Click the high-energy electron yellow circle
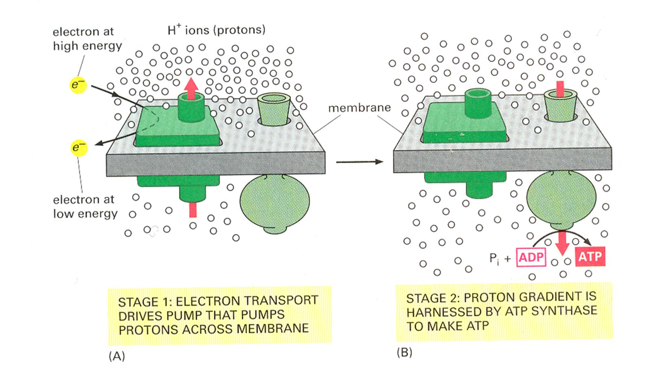(78, 85)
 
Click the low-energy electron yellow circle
(79, 147)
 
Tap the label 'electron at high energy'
(87, 39)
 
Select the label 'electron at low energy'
(85, 207)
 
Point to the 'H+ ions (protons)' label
(216, 30)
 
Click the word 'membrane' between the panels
(359, 108)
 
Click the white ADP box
(531, 257)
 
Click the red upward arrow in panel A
(191, 88)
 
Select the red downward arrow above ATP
(563, 243)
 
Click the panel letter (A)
(117, 356)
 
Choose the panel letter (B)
(404, 352)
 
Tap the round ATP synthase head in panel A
(275, 201)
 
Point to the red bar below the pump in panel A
(193, 210)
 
